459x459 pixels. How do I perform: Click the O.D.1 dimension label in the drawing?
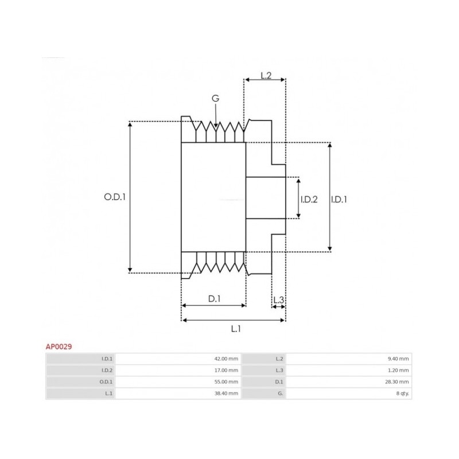pyautogui.click(x=115, y=197)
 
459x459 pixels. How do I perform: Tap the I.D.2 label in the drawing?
pyautogui.click(x=309, y=199)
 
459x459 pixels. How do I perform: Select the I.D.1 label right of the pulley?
pyautogui.click(x=339, y=199)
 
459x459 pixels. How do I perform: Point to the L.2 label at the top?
pyautogui.click(x=266, y=76)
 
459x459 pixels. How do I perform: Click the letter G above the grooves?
pyautogui.click(x=216, y=98)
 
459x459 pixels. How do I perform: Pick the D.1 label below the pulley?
pyautogui.click(x=214, y=298)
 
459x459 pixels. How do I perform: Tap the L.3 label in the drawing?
pyautogui.click(x=279, y=299)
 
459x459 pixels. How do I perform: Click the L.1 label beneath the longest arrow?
pyautogui.click(x=236, y=329)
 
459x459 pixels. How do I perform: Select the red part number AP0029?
pyautogui.click(x=59, y=347)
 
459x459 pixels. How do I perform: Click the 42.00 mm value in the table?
pyautogui.click(x=226, y=359)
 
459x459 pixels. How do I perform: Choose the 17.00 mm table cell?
pyautogui.click(x=226, y=370)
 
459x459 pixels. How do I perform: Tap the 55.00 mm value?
pyautogui.click(x=226, y=382)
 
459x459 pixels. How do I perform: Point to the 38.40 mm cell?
pyautogui.click(x=226, y=394)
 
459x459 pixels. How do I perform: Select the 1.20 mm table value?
pyautogui.click(x=398, y=370)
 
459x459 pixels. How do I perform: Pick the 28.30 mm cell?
pyautogui.click(x=397, y=382)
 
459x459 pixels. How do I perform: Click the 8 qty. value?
pyautogui.click(x=403, y=394)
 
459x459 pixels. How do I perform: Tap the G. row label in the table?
pyautogui.click(x=280, y=394)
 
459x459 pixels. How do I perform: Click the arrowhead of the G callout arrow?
pyautogui.click(x=216, y=126)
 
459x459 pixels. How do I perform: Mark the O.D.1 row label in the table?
pyautogui.click(x=107, y=382)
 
